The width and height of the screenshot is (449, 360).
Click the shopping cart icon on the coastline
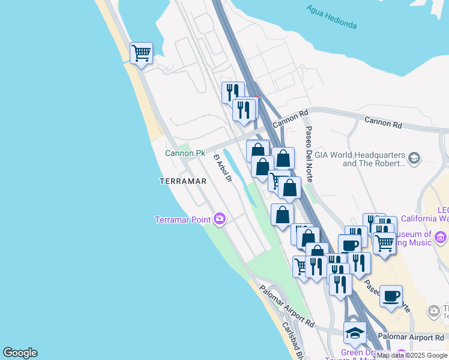[x=141, y=53]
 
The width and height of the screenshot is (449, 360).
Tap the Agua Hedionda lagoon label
[x=331, y=17]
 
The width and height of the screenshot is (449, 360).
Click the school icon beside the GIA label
[x=414, y=158]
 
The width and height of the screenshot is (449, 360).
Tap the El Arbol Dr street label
[x=223, y=167]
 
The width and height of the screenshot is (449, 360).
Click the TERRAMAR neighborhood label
[x=183, y=181]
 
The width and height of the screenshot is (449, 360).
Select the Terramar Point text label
[x=182, y=220]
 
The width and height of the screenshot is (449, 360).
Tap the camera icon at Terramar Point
[x=219, y=219]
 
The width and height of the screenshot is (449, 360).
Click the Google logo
[x=20, y=353]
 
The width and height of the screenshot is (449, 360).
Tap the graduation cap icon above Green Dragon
[x=355, y=332]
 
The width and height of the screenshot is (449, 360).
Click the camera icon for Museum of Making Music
[x=442, y=239]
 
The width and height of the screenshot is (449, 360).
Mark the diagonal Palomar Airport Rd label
[x=288, y=305]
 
